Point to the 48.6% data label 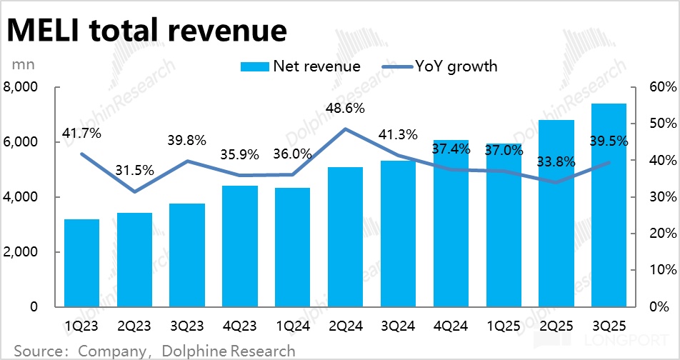pyautogui.click(x=345, y=109)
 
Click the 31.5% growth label pyautogui.click(x=134, y=171)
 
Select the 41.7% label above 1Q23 pyautogui.click(x=81, y=133)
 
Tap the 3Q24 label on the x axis pyautogui.click(x=398, y=326)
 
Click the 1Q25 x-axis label pyautogui.click(x=504, y=326)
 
